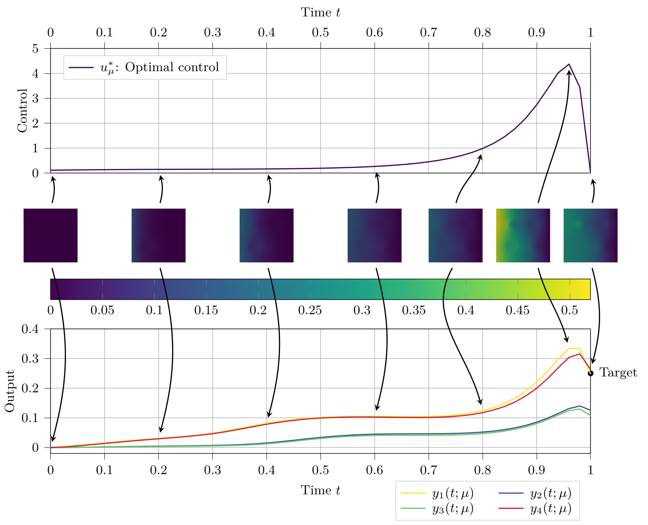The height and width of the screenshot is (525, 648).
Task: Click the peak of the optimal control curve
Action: [569, 64]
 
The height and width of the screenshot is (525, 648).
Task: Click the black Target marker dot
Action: [590, 373]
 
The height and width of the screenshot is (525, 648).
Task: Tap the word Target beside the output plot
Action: [618, 373]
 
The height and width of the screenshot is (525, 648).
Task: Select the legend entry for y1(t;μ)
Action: [452, 493]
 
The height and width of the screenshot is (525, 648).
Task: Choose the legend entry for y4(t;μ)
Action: [550, 509]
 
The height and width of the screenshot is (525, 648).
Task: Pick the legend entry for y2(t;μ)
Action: [550, 493]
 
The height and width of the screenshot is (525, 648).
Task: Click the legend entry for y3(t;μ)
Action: [452, 509]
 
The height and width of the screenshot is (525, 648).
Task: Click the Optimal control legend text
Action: [159, 67]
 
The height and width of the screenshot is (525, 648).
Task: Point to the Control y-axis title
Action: [22, 111]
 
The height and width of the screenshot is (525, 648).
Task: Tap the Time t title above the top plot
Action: [320, 12]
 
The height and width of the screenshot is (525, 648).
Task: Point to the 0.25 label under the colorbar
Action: [310, 310]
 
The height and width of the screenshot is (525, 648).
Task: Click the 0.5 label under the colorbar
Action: [569, 310]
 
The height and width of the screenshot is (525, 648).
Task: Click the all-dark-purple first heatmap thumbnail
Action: [50, 235]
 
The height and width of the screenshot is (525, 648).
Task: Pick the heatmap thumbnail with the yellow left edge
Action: [523, 235]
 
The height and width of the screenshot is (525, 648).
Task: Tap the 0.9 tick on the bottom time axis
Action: [536, 470]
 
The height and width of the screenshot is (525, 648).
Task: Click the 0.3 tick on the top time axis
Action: [212, 33]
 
